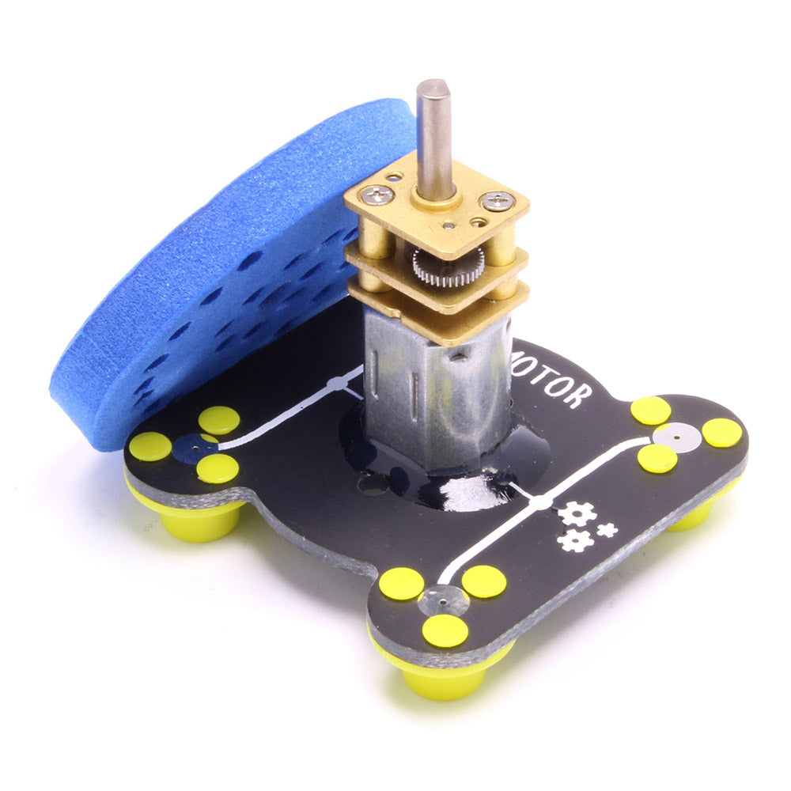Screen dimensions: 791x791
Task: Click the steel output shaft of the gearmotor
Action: pyautogui.click(x=433, y=134)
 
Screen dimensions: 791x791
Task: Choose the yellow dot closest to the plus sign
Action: pyautogui.click(x=657, y=458)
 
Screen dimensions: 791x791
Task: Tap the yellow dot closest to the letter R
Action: pyautogui.click(x=650, y=411)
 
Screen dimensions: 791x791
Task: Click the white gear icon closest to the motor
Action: pyautogui.click(x=577, y=514)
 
